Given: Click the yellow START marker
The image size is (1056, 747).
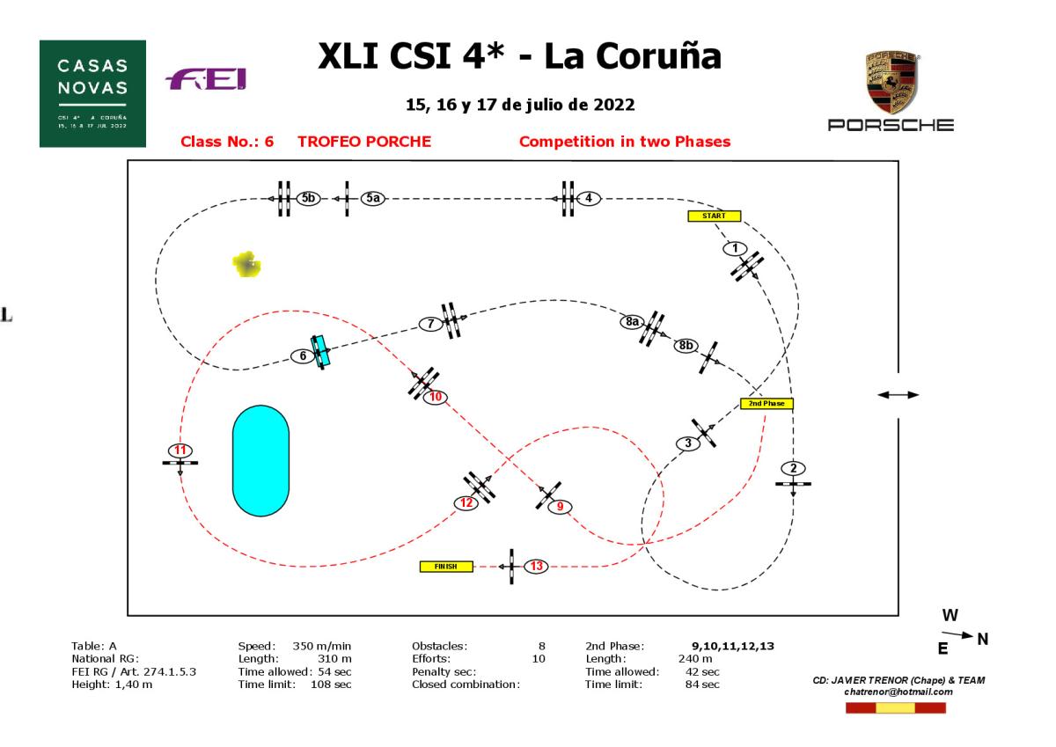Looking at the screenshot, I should (714, 216).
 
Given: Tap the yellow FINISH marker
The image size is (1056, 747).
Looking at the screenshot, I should (447, 567).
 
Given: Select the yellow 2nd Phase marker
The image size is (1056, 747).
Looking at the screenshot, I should (766, 404).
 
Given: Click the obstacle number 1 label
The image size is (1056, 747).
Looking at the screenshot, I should (735, 249).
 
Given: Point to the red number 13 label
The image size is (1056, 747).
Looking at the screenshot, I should (536, 566).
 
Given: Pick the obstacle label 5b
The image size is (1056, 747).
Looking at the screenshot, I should (307, 199).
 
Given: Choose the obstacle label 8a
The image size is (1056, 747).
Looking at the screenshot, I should (631, 322).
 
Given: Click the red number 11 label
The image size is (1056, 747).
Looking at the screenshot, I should (180, 450).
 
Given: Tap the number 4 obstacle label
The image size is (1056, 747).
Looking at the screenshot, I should (588, 198).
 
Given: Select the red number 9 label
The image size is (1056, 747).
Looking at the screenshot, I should (560, 506).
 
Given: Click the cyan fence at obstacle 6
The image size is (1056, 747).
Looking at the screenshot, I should (320, 351).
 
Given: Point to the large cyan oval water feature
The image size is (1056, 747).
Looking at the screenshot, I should (260, 460).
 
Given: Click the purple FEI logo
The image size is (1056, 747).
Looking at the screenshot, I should (206, 81).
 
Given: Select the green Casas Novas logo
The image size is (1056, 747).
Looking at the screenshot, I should (92, 93).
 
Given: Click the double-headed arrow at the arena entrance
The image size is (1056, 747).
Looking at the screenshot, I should (898, 395).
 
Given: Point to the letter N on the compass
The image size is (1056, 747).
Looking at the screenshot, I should (983, 640).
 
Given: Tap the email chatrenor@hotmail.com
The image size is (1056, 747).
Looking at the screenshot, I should (898, 692).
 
